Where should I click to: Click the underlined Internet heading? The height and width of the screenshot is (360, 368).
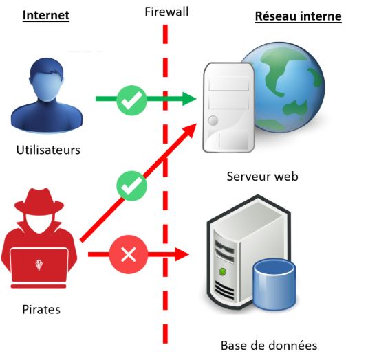pyautogui.click(x=46, y=14)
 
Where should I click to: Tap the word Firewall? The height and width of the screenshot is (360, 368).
pyautogui.click(x=166, y=12)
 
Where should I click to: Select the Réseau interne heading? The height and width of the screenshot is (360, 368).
pyautogui.click(x=298, y=16)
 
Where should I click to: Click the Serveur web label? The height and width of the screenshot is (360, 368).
pyautogui.click(x=262, y=177)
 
